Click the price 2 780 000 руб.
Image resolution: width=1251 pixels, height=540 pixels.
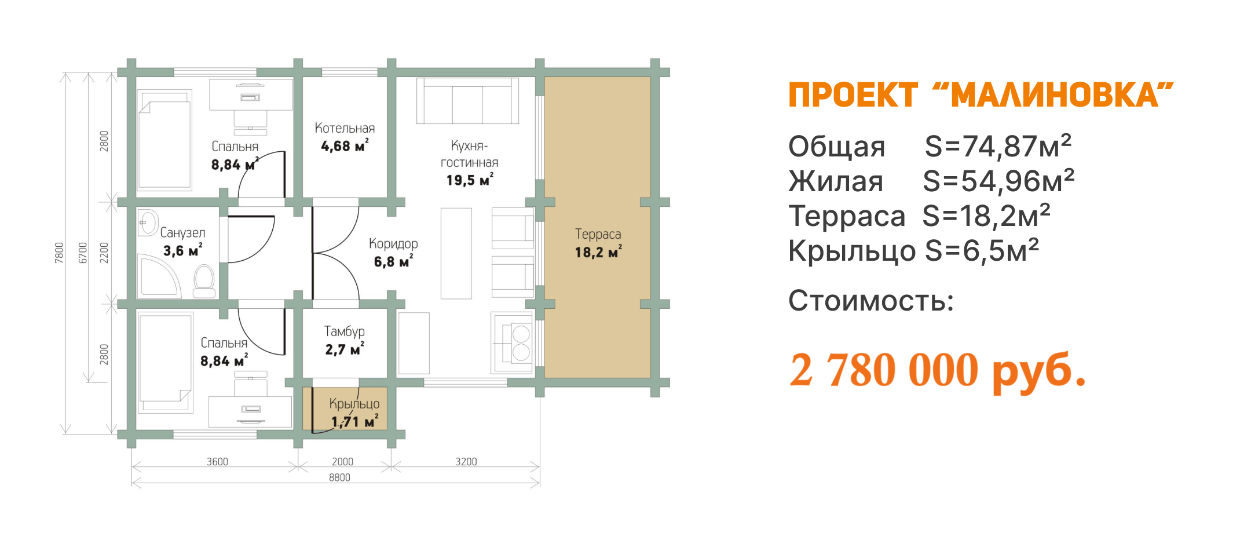click(937, 371)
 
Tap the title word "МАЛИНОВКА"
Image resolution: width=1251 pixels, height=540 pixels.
click(1054, 96)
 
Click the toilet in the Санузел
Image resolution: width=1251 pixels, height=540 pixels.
click(204, 279)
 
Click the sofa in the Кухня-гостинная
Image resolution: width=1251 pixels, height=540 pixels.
click(467, 101)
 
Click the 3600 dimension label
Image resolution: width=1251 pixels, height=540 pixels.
click(217, 462)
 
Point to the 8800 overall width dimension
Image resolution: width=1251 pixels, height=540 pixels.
click(339, 477)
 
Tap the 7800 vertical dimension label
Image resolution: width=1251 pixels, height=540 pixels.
click(59, 253)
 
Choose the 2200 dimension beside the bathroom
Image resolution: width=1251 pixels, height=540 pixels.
click(104, 253)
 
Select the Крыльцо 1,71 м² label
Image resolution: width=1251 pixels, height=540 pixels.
click(354, 413)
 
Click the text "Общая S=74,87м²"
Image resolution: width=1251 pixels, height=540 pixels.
click(929, 147)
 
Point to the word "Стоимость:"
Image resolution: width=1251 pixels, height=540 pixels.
click(870, 301)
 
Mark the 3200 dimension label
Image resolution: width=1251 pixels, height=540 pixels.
click(466, 462)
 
